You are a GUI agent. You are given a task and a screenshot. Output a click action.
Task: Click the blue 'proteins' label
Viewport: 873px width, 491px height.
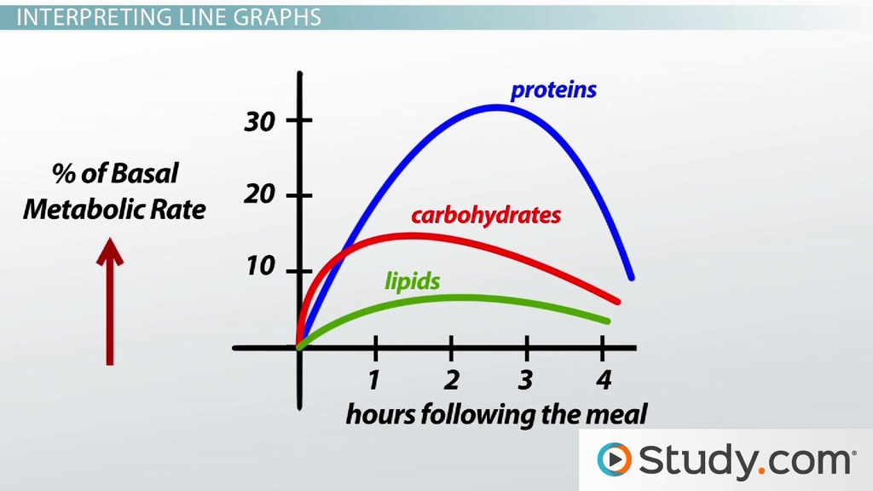[553, 90]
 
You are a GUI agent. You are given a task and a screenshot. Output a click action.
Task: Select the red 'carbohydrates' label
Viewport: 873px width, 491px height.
[486, 216]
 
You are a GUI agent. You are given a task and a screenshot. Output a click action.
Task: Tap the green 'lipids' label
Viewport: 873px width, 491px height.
[412, 281]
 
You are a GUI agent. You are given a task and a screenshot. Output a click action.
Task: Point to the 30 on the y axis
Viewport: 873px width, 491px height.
[259, 121]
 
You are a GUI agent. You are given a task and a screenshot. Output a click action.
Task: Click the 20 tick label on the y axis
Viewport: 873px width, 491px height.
[259, 194]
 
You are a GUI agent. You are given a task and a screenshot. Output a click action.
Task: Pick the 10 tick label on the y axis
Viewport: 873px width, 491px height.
[261, 267]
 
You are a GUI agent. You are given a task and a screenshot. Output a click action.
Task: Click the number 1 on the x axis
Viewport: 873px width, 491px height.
[374, 380]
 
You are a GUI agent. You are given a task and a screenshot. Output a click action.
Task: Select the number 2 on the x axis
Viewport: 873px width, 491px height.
[451, 380]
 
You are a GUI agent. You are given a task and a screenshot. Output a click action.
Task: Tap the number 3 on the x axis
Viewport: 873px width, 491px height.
[525, 380]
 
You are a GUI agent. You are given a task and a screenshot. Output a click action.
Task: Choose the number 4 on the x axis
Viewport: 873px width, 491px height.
[603, 380]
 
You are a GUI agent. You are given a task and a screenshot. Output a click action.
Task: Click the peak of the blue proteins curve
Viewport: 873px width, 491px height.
[497, 107]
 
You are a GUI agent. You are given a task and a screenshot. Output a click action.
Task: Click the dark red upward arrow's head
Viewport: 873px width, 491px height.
[110, 251]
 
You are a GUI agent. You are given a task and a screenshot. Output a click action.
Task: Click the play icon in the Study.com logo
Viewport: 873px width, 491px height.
[614, 459]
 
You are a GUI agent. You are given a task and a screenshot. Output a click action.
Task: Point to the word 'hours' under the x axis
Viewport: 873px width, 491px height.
[381, 415]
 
